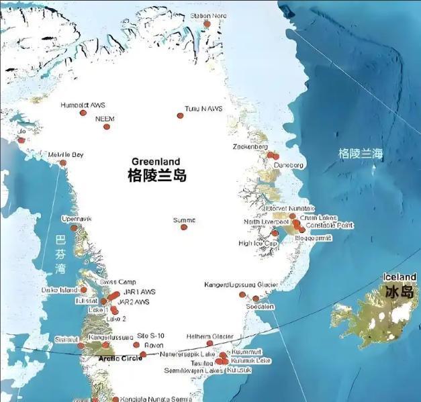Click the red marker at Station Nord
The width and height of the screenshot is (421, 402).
[x=207, y=23]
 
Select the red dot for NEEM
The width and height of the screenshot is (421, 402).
[x=106, y=126]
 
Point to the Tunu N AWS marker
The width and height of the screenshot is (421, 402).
[x=180, y=115]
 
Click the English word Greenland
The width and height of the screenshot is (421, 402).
[x=156, y=162]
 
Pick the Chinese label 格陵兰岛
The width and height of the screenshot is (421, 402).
[x=156, y=176]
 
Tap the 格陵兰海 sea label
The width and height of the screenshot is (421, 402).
[x=360, y=154]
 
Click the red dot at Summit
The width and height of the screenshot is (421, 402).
[x=183, y=227]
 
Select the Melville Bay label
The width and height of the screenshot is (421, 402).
[x=66, y=155]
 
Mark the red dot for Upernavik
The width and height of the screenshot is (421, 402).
[x=74, y=228]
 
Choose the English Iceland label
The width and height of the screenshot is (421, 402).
[x=399, y=277]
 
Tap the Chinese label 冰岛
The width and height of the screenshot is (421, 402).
[x=399, y=292]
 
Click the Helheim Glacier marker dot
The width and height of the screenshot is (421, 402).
[x=209, y=343]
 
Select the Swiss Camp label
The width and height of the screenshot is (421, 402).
[x=117, y=282]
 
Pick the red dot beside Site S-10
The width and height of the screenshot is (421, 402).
[x=136, y=344]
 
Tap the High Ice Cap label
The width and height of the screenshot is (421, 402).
[x=254, y=243]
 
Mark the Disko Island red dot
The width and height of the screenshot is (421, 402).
[x=84, y=290]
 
